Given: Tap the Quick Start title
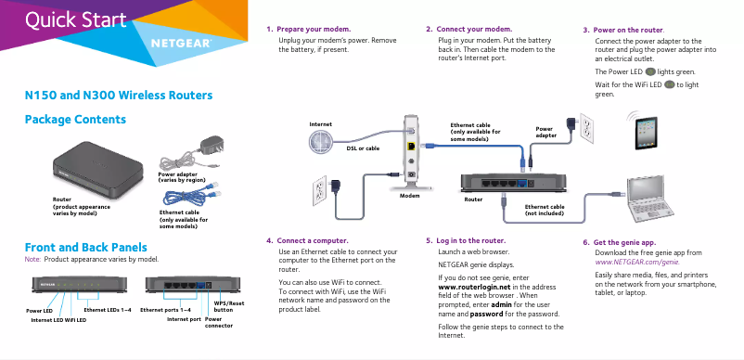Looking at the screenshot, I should point(75,19).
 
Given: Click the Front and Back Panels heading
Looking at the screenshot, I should point(84,247).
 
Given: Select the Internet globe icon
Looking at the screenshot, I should point(321,140).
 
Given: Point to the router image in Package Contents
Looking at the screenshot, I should point(98,166).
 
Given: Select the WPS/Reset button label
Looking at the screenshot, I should point(229,306).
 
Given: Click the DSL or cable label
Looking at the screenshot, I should point(362,148).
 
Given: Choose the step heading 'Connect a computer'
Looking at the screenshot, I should point(313,240).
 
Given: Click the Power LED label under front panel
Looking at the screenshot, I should point(40,309).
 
